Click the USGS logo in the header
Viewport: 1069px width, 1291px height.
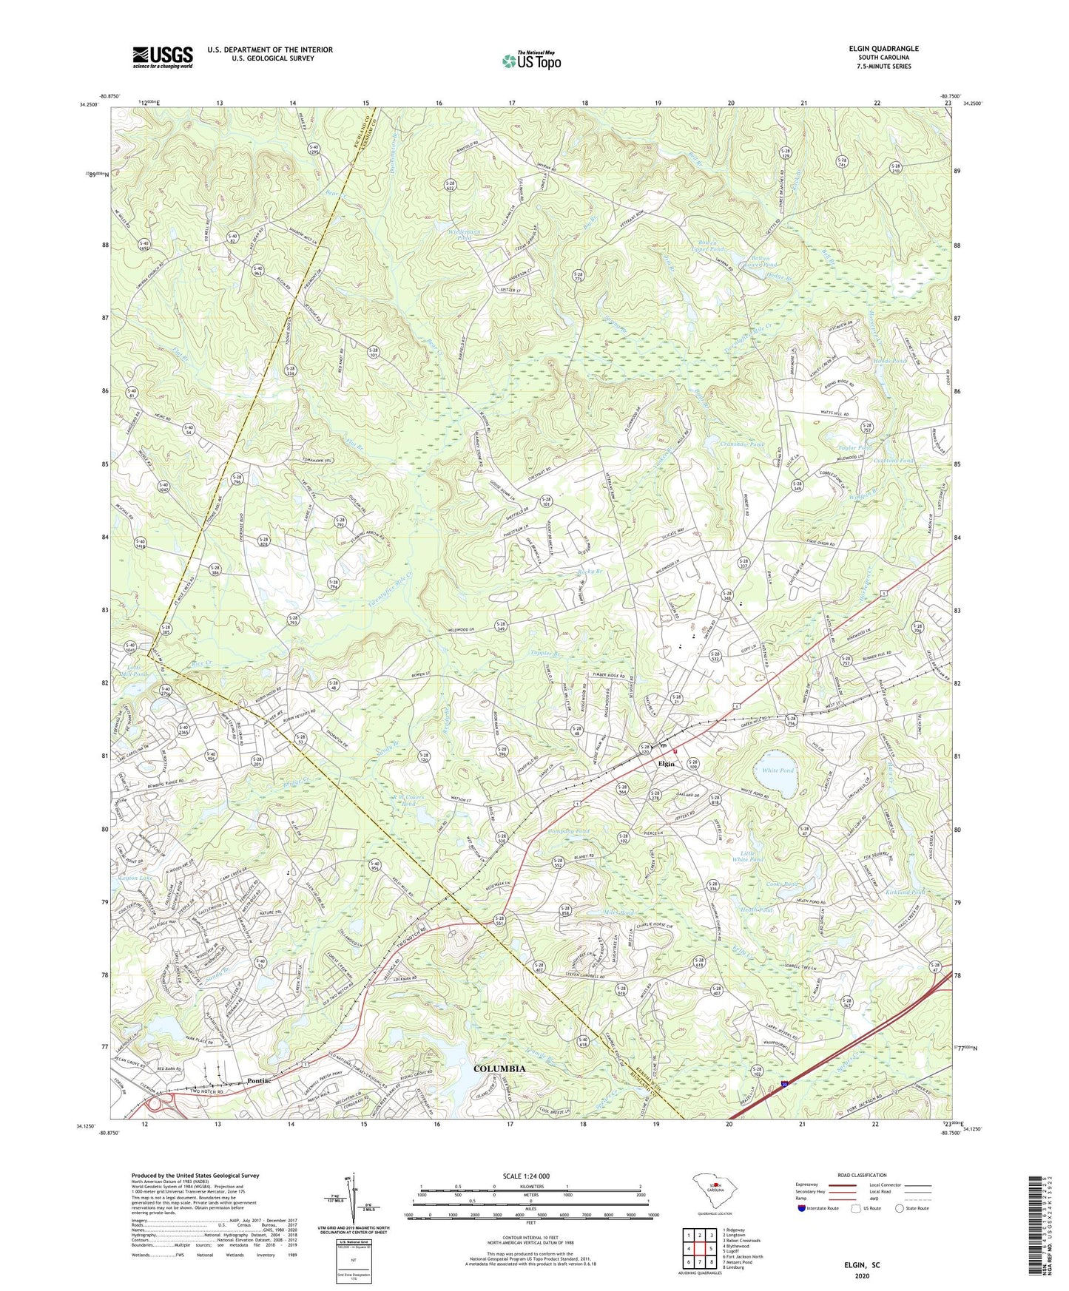(162, 57)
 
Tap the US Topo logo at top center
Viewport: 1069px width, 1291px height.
(530, 61)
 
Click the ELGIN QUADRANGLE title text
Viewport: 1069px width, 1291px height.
(883, 49)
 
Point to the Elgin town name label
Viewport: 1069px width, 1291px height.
(667, 763)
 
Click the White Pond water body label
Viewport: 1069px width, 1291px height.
(778, 770)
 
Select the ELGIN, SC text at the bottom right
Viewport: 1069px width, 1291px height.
(862, 1265)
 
